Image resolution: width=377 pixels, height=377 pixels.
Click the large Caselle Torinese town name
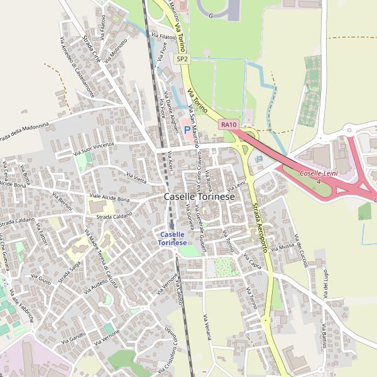pyautogui.click(x=199, y=197)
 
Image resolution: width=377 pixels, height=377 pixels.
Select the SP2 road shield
pyautogui.click(x=182, y=59)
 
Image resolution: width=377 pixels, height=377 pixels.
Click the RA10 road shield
pyautogui.click(x=229, y=125)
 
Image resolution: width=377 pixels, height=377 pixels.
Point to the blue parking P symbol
pyautogui.click(x=187, y=131)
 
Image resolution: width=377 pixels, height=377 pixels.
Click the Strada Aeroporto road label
pyautogui.click(x=260, y=227)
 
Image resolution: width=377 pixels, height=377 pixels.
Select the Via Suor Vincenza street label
pyautogui.click(x=94, y=148)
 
